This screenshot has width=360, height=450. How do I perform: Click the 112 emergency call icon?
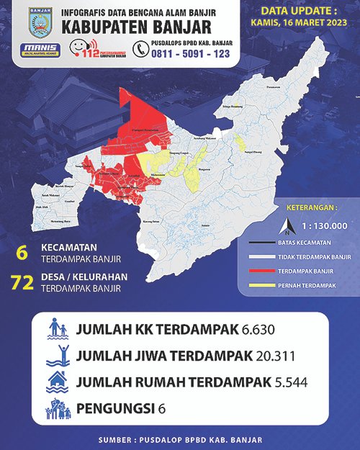(x=82, y=49)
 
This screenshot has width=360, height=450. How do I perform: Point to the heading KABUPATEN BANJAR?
(x=143, y=28)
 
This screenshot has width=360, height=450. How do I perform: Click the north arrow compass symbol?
(x=287, y=229)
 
